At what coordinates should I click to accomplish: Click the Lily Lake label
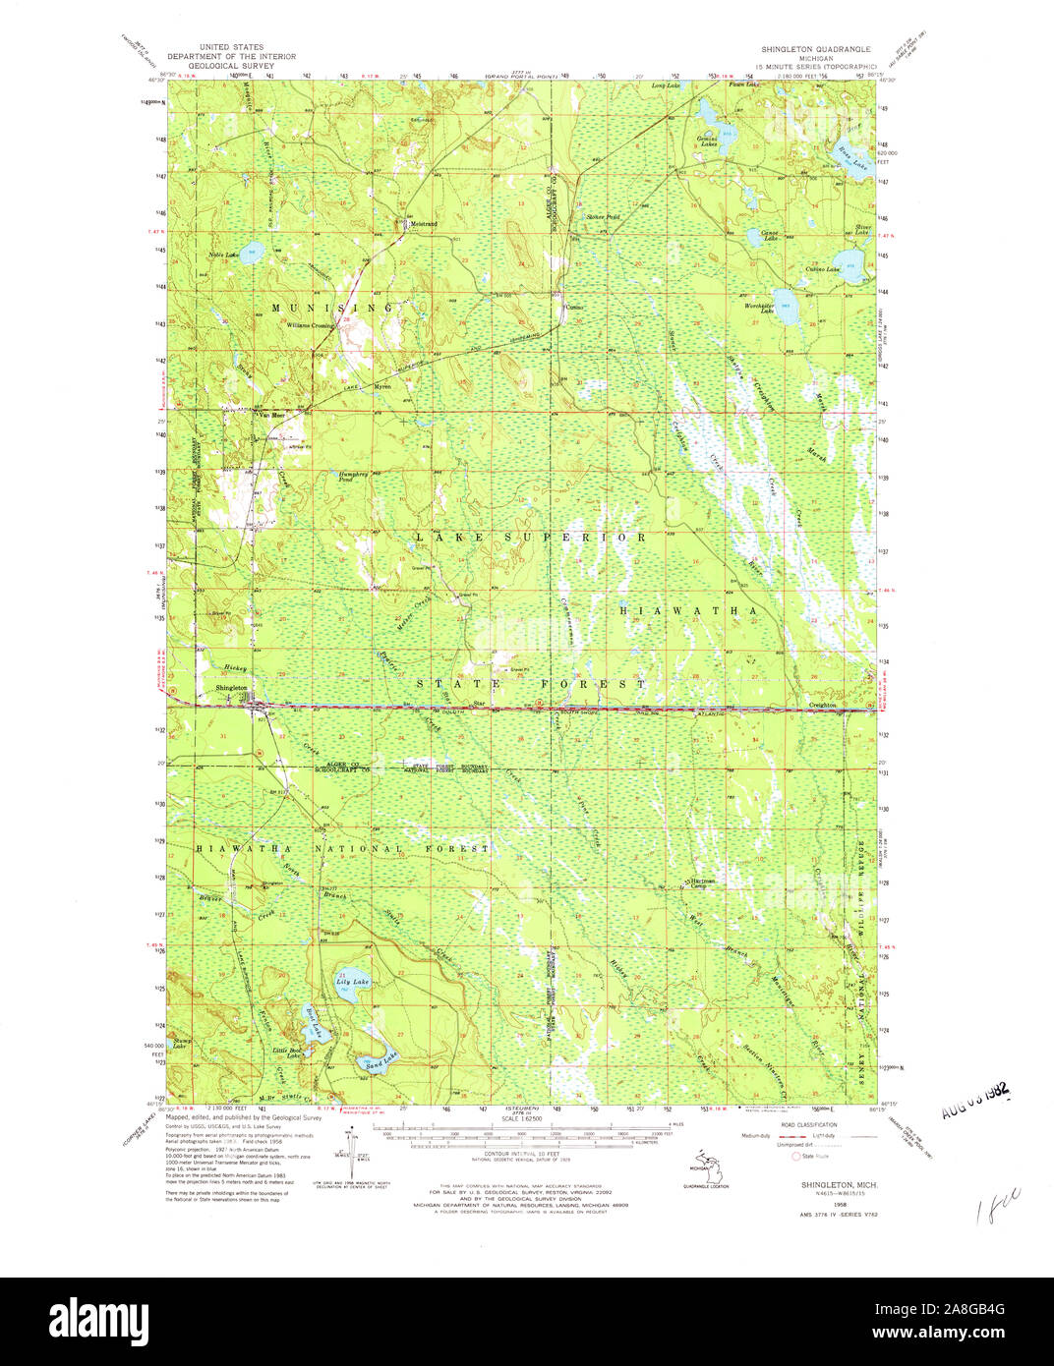351,982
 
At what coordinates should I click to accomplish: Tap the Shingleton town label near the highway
232,688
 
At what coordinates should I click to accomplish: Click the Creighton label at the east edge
822,705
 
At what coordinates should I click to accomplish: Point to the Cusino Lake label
824,269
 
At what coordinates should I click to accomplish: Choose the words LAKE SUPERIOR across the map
531,538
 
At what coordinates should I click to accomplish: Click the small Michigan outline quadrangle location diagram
701,1167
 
